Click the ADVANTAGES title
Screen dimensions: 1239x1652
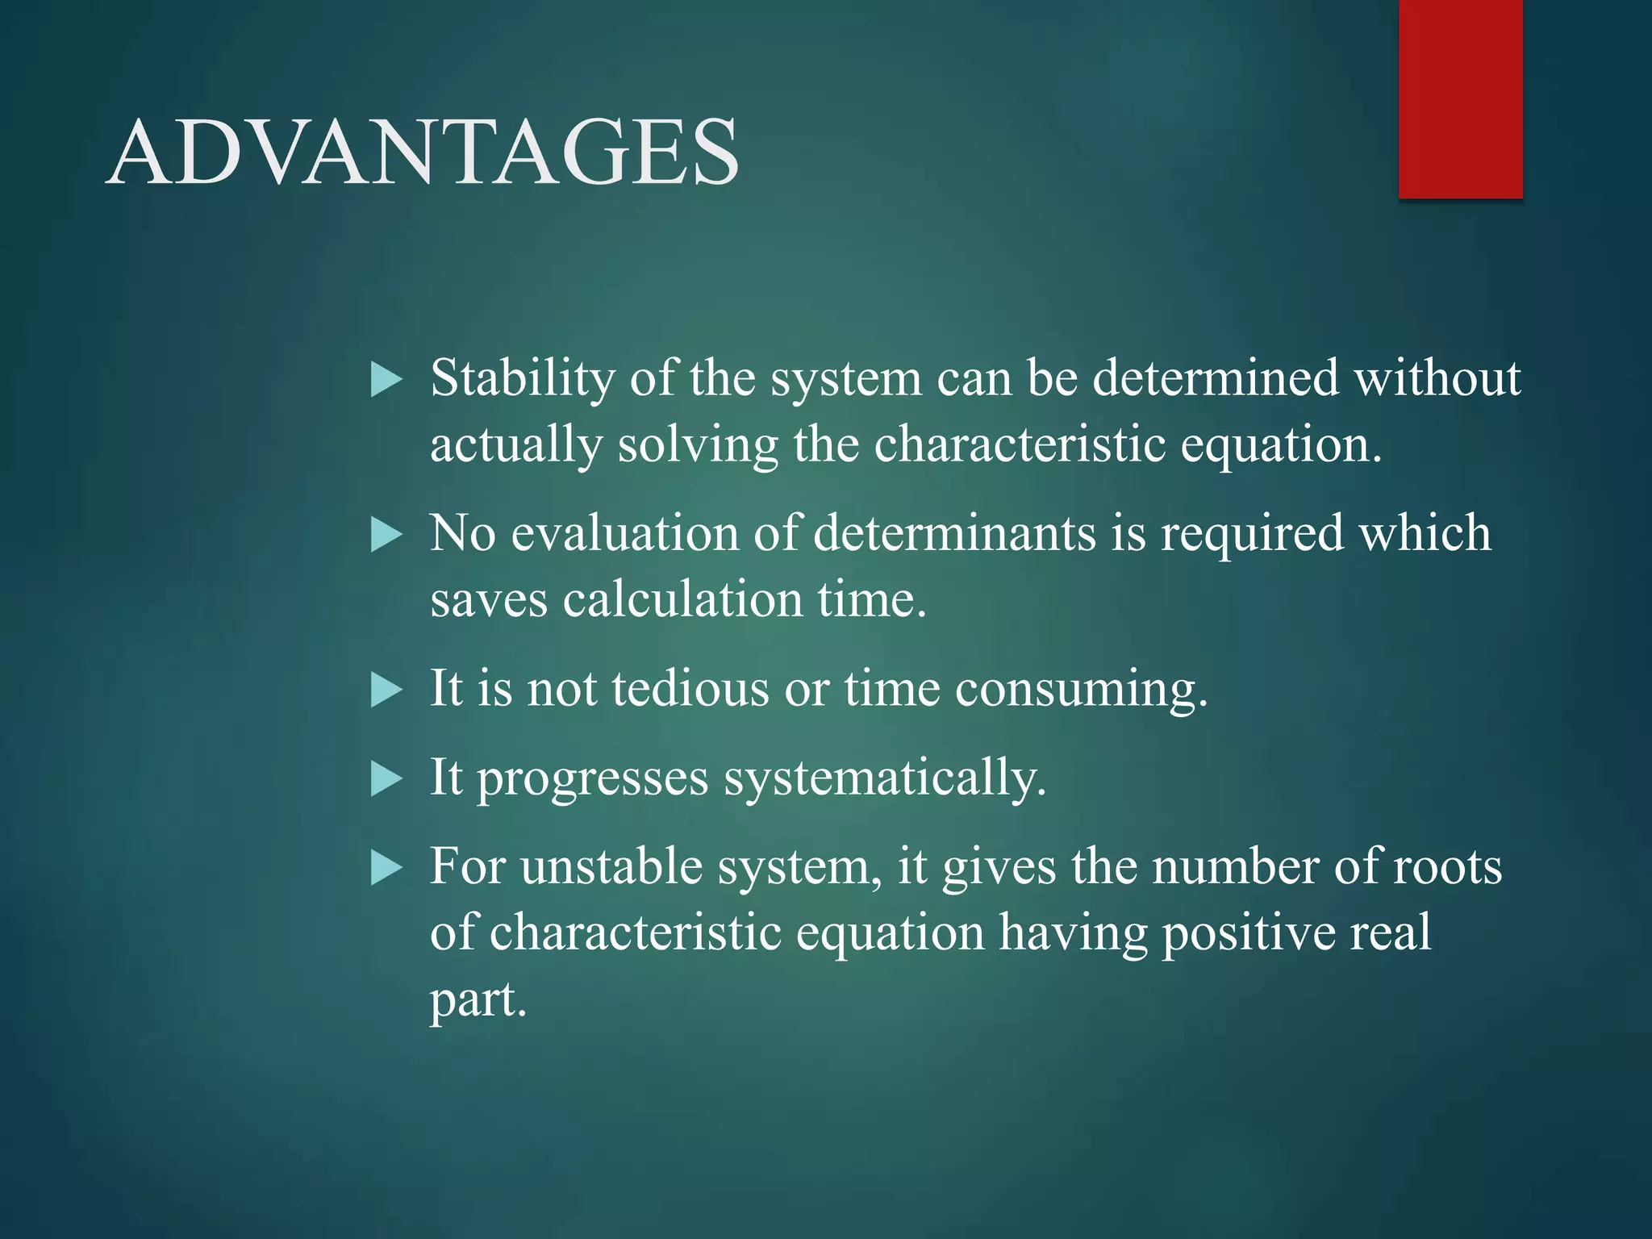point(423,152)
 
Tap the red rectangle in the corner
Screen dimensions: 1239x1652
point(1460,98)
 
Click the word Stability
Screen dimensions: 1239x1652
point(522,378)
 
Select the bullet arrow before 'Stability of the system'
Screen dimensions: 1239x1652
point(386,380)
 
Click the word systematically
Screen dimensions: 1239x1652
point(884,778)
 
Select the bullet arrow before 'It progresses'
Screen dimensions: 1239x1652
point(386,780)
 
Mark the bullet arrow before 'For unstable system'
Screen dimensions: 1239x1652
point(386,870)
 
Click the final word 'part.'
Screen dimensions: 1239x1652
point(478,1000)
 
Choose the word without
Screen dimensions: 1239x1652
point(1437,378)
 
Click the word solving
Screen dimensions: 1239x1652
point(698,445)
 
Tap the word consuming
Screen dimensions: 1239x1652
point(1081,689)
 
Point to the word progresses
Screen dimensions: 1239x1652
point(593,778)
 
